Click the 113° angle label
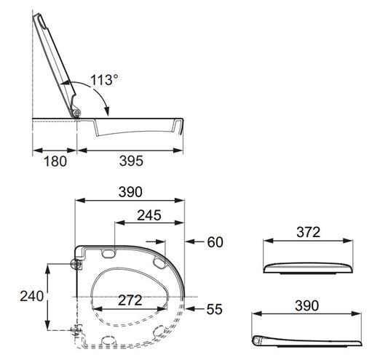104,80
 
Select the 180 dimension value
55,161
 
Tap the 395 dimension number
131,161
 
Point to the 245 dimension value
149,215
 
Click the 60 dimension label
215,242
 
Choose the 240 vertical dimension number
32,296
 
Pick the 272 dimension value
130,300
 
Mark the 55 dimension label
215,309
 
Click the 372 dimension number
308,232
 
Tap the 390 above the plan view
130,192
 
